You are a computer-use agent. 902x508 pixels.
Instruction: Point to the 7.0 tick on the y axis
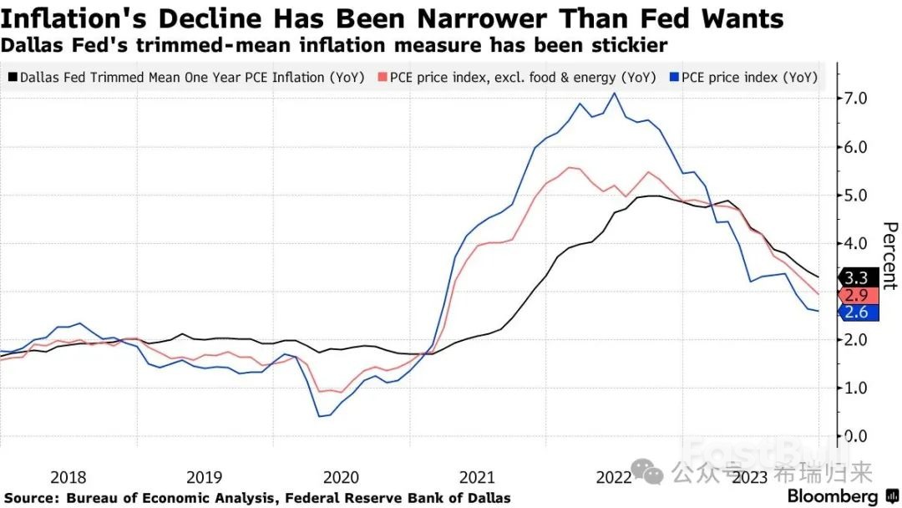(x=855, y=99)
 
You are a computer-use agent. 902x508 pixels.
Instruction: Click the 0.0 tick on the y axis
(x=855, y=436)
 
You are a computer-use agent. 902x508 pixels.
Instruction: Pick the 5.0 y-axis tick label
(x=855, y=195)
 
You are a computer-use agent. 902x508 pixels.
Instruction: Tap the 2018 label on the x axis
(x=68, y=478)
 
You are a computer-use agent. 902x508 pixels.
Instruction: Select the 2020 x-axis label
(x=341, y=478)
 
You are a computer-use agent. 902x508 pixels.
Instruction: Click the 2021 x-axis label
(x=477, y=478)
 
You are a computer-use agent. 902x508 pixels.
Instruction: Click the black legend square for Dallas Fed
(x=13, y=77)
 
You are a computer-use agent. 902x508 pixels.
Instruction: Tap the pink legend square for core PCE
(x=383, y=77)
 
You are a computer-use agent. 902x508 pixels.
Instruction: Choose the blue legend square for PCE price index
(x=674, y=77)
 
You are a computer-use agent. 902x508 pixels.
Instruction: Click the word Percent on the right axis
(x=889, y=256)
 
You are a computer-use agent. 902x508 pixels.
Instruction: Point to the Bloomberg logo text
(x=833, y=496)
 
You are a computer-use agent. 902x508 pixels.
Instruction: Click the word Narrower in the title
(x=482, y=19)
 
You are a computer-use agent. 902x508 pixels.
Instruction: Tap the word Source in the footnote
(x=31, y=498)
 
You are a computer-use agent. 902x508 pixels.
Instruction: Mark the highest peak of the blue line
(x=615, y=94)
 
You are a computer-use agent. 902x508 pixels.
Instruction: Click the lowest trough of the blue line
(x=319, y=416)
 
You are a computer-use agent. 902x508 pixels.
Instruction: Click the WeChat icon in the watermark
(x=647, y=472)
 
